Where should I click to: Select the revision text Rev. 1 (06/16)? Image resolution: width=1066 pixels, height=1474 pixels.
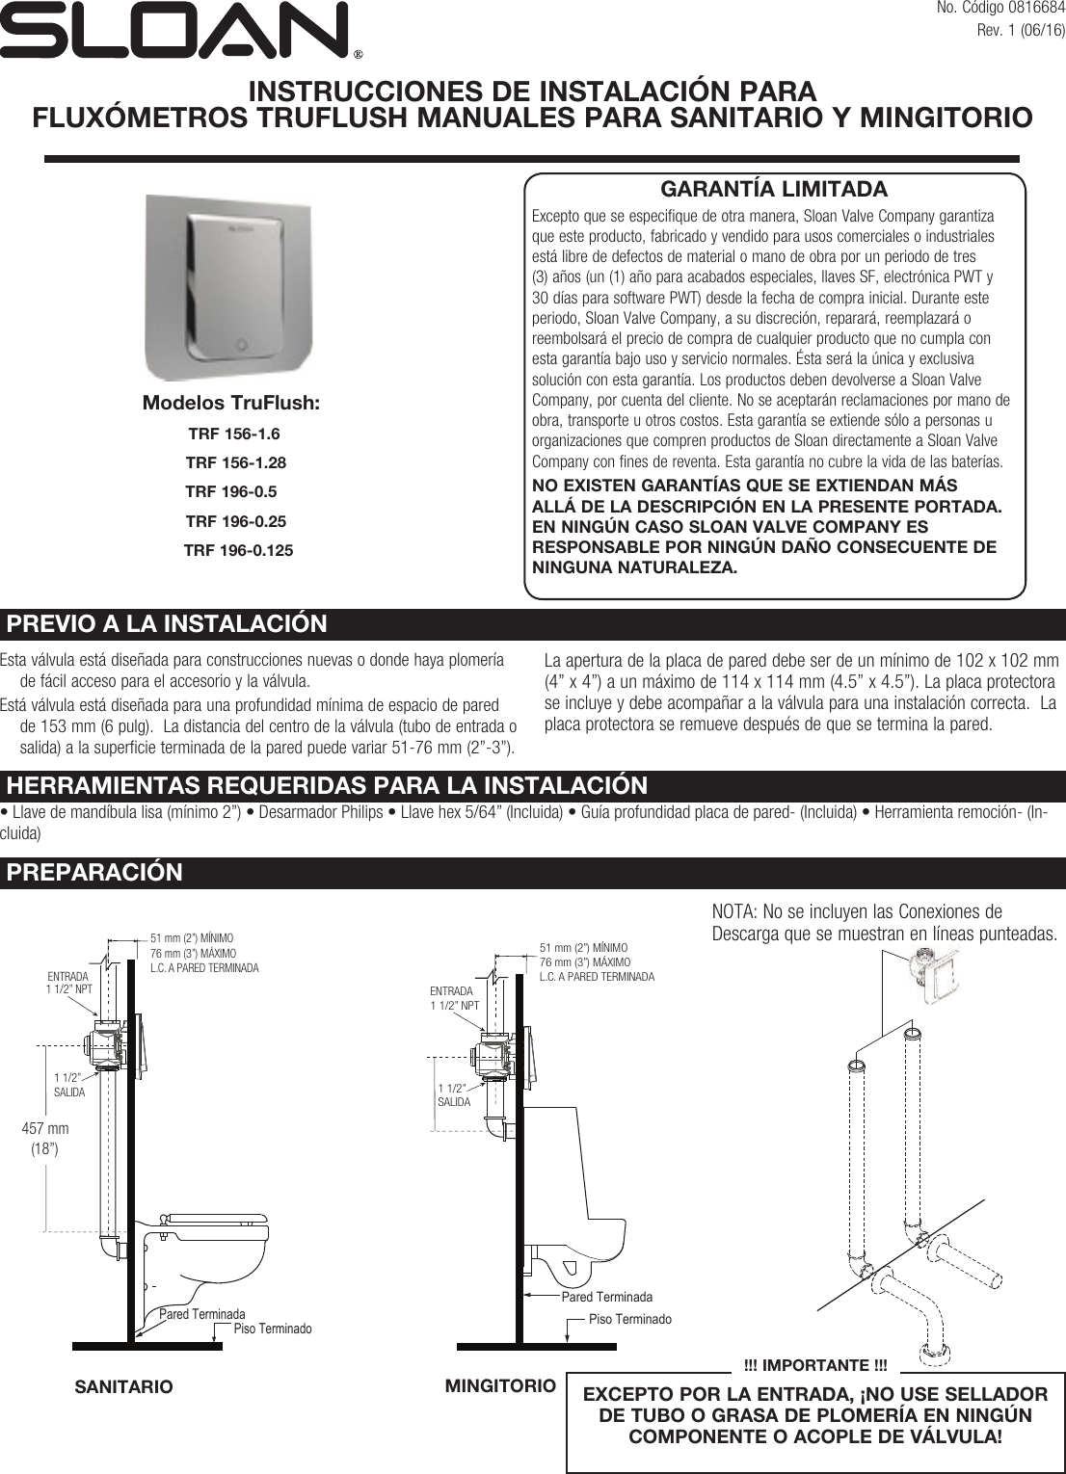pos(1021,30)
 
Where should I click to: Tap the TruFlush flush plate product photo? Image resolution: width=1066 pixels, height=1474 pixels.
pos(230,286)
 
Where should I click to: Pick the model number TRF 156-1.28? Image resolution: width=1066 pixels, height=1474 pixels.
pos(235,462)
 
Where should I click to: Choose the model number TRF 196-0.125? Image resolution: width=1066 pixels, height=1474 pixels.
pos(238,550)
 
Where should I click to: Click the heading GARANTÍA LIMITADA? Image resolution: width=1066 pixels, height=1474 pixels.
pos(773,189)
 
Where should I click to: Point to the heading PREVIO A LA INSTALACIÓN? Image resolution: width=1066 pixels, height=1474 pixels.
pos(167,624)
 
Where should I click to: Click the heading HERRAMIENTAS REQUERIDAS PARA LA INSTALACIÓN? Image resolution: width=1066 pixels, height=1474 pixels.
pos(327,786)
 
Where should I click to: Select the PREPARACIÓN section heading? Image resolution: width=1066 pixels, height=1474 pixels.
pos(94,873)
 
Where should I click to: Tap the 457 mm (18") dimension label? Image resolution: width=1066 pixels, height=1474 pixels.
pos(45,1138)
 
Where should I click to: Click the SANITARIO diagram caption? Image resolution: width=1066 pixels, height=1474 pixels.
pos(123,1386)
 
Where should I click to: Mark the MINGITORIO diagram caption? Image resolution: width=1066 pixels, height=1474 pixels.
pos(500,1385)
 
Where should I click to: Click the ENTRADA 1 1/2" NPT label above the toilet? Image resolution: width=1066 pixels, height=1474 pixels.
pos(69,983)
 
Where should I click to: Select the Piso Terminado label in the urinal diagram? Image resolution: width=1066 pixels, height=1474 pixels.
pos(629,1319)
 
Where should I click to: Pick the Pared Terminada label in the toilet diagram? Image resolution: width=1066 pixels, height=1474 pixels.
pos(201,1314)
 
